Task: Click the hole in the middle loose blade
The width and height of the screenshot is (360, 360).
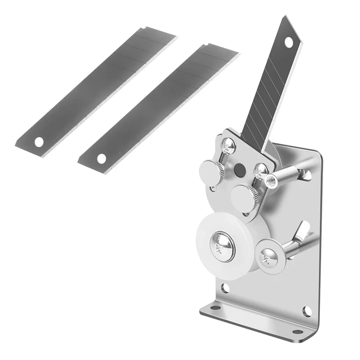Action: (102, 158)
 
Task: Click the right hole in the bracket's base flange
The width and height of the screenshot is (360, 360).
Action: (297, 332)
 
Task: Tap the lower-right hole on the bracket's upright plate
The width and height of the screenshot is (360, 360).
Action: (307, 310)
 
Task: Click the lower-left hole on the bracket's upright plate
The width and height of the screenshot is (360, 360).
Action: (225, 288)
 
